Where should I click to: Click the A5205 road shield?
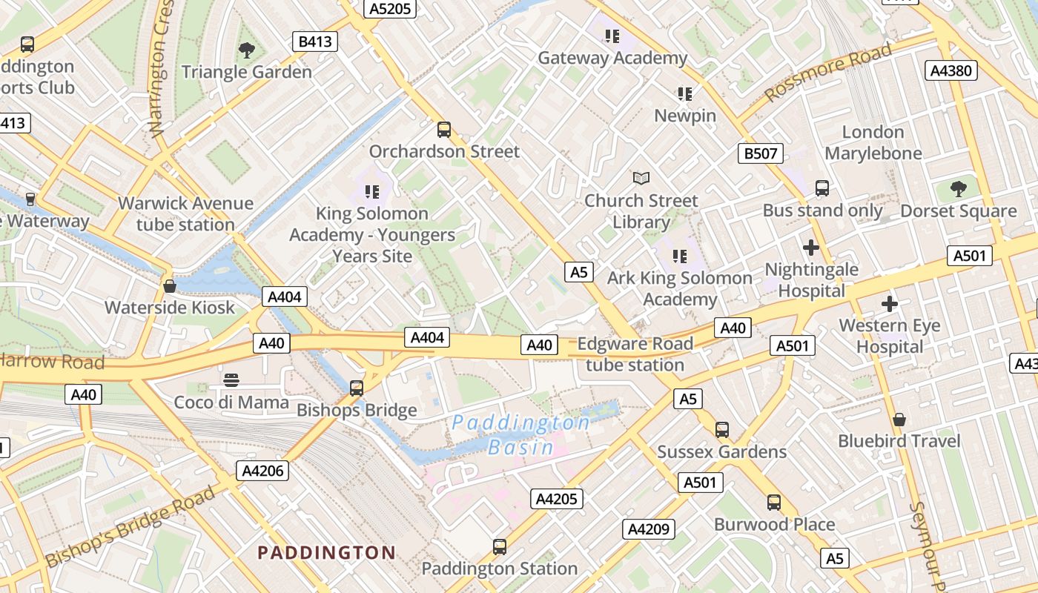[x=390, y=8]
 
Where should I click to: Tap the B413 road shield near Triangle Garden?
[x=315, y=42]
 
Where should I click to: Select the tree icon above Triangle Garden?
[x=247, y=50]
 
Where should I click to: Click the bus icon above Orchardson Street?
[x=444, y=130]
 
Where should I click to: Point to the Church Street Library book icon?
[x=641, y=178]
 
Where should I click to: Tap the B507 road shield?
[x=761, y=153]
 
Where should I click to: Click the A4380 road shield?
[x=952, y=70]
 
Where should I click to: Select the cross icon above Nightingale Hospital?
[x=811, y=247]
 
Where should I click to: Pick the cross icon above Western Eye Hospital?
[x=890, y=303]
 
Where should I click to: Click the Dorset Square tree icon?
[x=959, y=188]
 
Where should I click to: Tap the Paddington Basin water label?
[x=520, y=435]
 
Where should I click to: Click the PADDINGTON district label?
[x=326, y=552]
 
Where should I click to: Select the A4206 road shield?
[x=262, y=471]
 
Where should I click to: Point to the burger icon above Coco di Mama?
[x=231, y=380]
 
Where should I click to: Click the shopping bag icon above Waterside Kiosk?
[x=170, y=285]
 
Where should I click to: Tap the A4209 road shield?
[x=649, y=529]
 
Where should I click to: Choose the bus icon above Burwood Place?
[x=774, y=503]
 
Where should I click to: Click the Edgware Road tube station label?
[x=635, y=354]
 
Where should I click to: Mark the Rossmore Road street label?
[x=828, y=72]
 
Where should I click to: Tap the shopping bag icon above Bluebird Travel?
[x=899, y=420]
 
